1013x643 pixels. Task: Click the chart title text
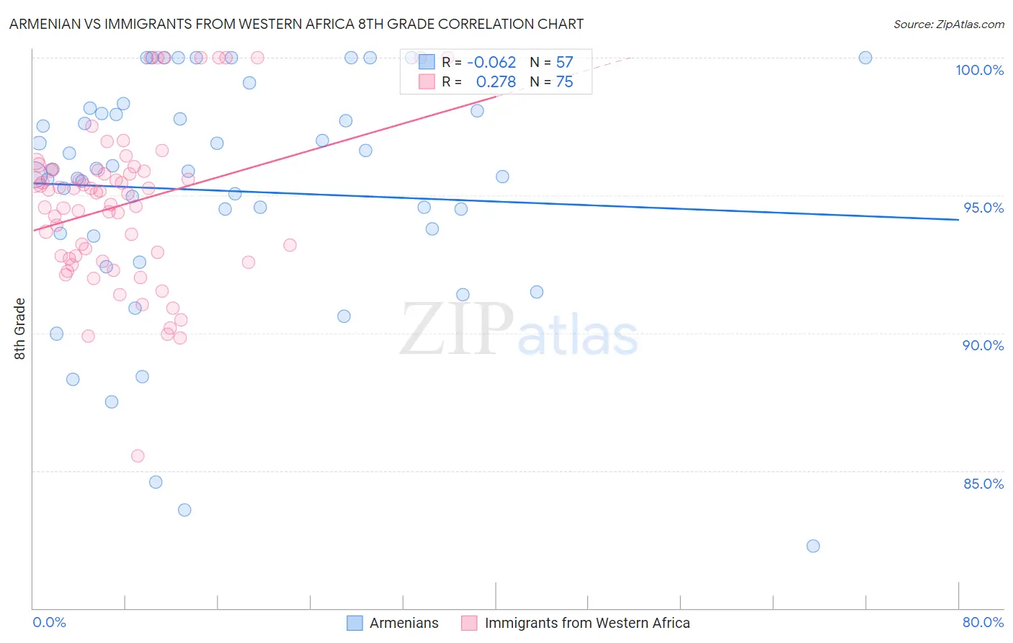tap(296, 24)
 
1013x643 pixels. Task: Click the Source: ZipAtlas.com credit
tap(948, 24)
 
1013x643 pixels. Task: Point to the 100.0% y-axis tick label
tap(979, 70)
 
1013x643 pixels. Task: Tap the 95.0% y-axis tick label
tap(983, 208)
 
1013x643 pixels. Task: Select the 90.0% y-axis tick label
tap(983, 345)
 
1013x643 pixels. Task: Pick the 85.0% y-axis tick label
tap(983, 484)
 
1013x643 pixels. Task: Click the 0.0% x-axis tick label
tap(49, 622)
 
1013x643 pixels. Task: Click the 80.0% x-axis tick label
tap(983, 622)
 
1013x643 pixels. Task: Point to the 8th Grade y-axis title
tap(20, 329)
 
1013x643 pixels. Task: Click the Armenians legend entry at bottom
tap(403, 623)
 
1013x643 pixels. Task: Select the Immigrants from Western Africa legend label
tap(586, 623)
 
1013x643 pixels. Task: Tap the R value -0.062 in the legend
tap(491, 63)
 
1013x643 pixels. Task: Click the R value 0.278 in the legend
tap(496, 82)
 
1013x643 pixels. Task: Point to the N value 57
tap(564, 63)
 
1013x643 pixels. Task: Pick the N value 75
tap(564, 82)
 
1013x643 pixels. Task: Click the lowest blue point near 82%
tap(813, 546)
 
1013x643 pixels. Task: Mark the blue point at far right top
tap(865, 58)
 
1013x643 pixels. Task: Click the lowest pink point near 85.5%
tap(138, 456)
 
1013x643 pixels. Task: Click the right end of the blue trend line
tap(958, 219)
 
